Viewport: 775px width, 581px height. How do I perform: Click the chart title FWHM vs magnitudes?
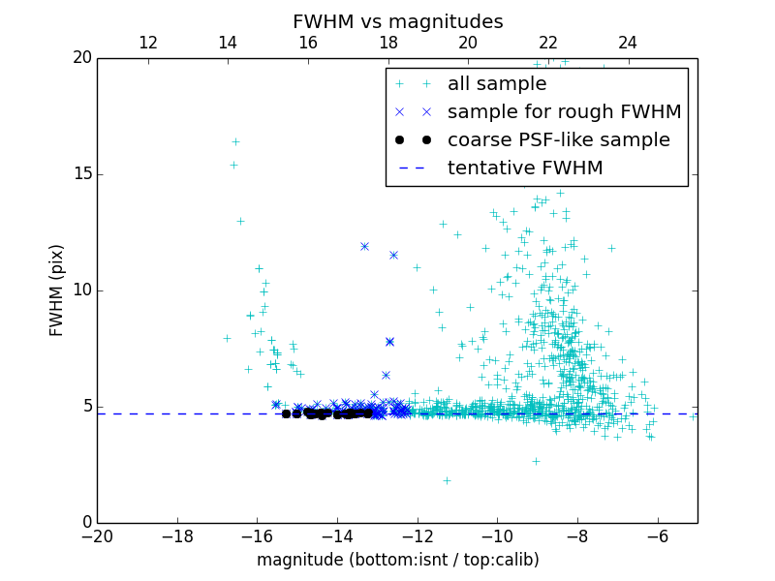(x=397, y=21)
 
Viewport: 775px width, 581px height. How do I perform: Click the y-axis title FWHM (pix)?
(x=57, y=290)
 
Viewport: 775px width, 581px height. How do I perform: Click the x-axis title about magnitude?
(x=397, y=560)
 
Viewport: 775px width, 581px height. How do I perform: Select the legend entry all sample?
(x=497, y=84)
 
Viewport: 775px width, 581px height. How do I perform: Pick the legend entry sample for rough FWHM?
(x=564, y=112)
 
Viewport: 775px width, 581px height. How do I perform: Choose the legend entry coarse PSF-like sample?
(x=558, y=139)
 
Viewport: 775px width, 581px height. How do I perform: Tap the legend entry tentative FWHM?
(x=525, y=168)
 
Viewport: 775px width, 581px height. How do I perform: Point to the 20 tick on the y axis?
(x=80, y=58)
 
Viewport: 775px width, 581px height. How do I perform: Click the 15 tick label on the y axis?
(x=80, y=174)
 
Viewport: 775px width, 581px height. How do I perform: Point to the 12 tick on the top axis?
(x=147, y=43)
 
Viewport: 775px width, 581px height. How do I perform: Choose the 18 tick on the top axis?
(x=387, y=43)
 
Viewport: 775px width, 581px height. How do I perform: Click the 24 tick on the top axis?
(x=628, y=43)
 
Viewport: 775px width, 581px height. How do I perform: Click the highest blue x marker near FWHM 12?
(x=364, y=246)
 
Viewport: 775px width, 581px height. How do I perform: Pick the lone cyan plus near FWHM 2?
(x=447, y=480)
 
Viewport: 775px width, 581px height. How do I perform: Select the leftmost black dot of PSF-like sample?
(x=286, y=413)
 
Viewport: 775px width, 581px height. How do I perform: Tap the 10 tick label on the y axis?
(x=80, y=290)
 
